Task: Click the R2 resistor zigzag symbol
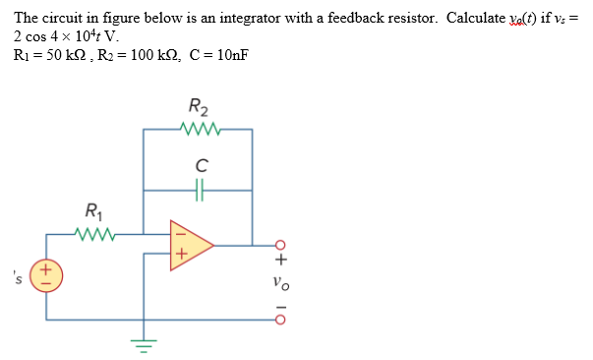click(x=199, y=128)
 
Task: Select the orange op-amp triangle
click(x=189, y=245)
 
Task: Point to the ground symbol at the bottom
click(x=146, y=344)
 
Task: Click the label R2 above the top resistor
click(x=198, y=107)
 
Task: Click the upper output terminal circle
click(x=280, y=245)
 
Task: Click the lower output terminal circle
click(x=280, y=319)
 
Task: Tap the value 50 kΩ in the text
click(x=57, y=54)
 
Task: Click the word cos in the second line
click(x=37, y=36)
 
